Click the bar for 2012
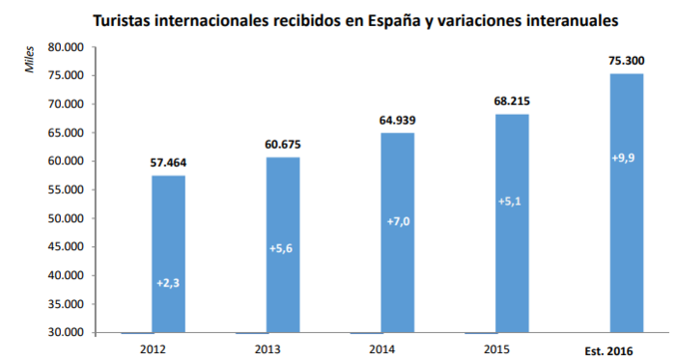[168, 254]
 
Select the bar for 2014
[398, 233]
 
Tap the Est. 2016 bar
[627, 203]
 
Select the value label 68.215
[512, 100]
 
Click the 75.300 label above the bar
[627, 61]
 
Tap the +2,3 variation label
[168, 283]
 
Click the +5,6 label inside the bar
[283, 248]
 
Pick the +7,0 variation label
[398, 222]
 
